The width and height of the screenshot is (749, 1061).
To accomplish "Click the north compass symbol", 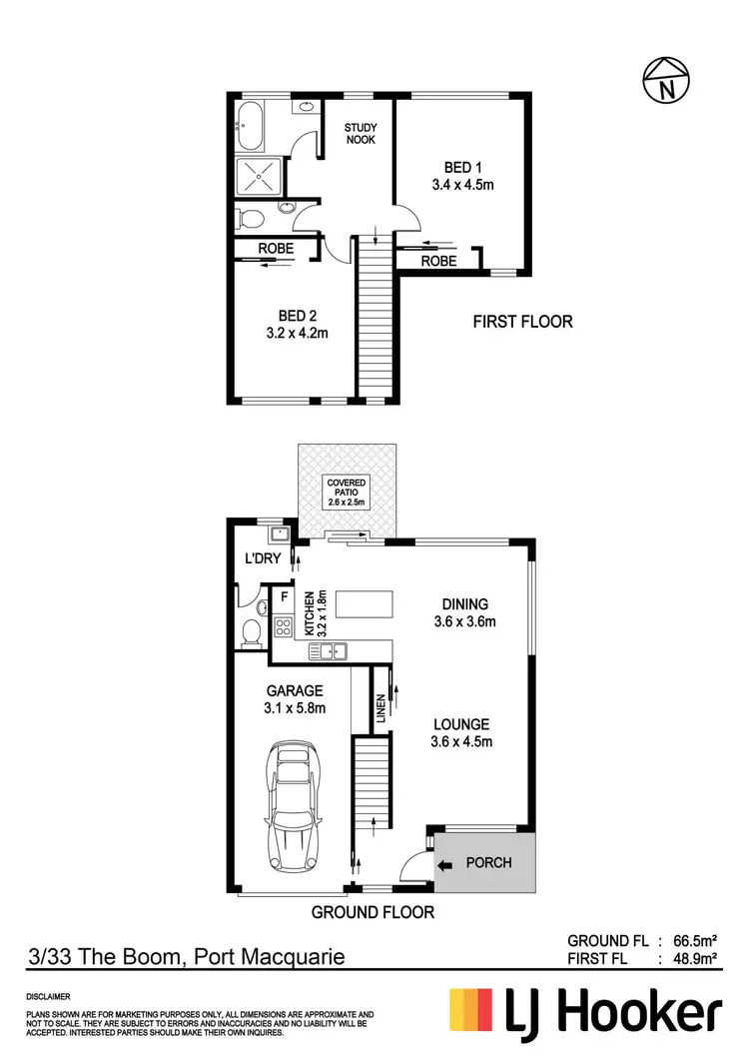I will tap(665, 79).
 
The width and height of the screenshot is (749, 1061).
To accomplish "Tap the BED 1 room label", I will tap(463, 167).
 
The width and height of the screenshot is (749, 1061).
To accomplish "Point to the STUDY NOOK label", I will tap(360, 134).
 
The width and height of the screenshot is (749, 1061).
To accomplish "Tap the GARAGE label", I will tap(294, 690).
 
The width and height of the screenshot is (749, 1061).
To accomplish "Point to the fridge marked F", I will tap(285, 598).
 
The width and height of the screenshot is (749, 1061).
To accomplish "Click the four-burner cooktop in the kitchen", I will tap(284, 628).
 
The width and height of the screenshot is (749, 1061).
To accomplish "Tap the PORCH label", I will tap(489, 863).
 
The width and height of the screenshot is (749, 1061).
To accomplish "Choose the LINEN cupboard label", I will tap(380, 708).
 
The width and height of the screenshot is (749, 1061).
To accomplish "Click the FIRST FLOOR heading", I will tap(522, 322).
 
